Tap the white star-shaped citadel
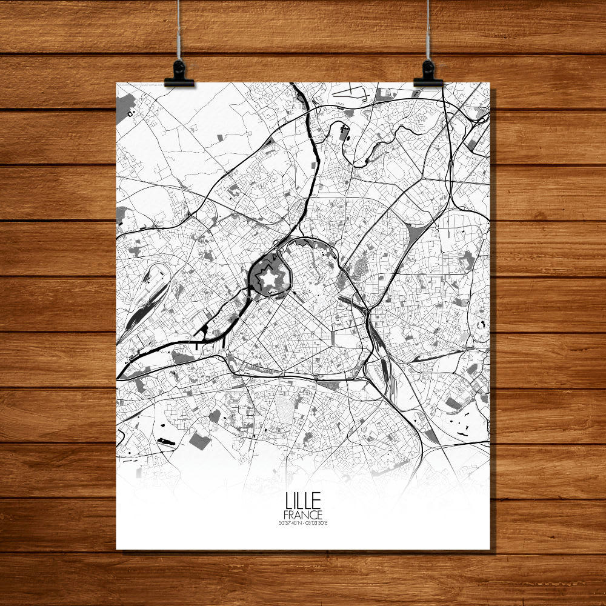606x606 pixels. point(267,279)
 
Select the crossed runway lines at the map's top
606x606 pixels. point(355,94)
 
